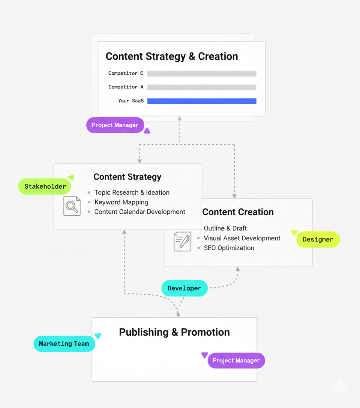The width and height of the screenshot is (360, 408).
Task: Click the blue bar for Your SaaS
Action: (202, 101)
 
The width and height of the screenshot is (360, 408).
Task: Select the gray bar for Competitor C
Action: (202, 73)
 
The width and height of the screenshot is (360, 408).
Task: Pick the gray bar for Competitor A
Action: (202, 87)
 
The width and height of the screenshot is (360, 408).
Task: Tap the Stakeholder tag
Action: (45, 186)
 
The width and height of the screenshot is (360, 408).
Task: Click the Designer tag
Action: (318, 240)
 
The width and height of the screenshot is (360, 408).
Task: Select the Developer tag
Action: (184, 288)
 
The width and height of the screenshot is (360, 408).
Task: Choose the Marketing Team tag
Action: (64, 343)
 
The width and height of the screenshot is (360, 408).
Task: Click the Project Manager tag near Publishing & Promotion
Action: (236, 361)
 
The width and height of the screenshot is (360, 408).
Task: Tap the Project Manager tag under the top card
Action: (115, 125)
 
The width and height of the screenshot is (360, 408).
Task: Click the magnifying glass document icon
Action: (72, 206)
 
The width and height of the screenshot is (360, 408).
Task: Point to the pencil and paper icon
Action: (183, 241)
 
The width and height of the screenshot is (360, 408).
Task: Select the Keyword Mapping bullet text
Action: (121, 202)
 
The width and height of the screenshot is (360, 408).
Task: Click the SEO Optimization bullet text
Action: (229, 248)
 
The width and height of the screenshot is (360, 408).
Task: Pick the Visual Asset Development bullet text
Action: (242, 238)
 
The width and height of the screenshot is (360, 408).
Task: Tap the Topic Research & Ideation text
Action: (132, 192)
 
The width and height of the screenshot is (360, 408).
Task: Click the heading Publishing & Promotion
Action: (174, 332)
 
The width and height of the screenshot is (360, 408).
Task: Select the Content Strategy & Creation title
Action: (172, 57)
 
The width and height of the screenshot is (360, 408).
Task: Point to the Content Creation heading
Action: (238, 212)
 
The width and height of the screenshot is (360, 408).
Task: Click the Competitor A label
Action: (126, 87)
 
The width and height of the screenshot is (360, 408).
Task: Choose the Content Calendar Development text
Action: (139, 212)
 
